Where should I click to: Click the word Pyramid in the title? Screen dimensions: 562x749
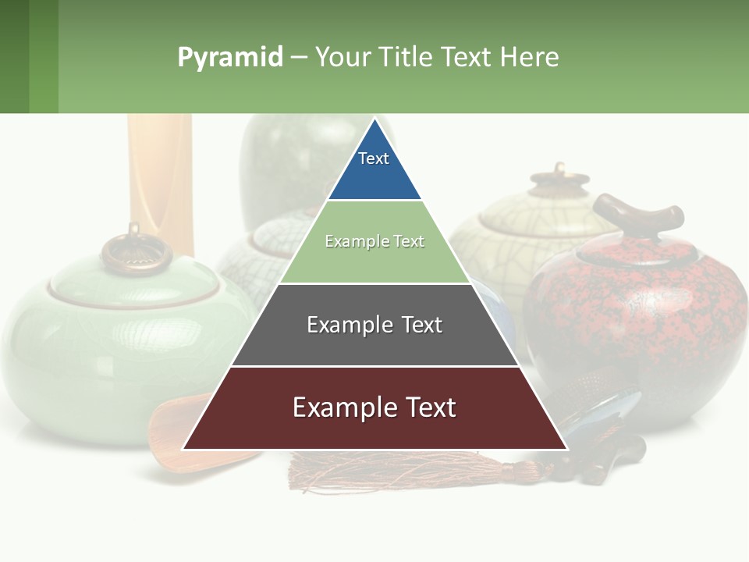click(230, 58)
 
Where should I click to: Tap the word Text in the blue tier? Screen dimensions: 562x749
click(374, 158)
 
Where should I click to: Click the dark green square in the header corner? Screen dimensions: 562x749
click(14, 57)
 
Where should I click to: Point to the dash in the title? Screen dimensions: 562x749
click(299, 58)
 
